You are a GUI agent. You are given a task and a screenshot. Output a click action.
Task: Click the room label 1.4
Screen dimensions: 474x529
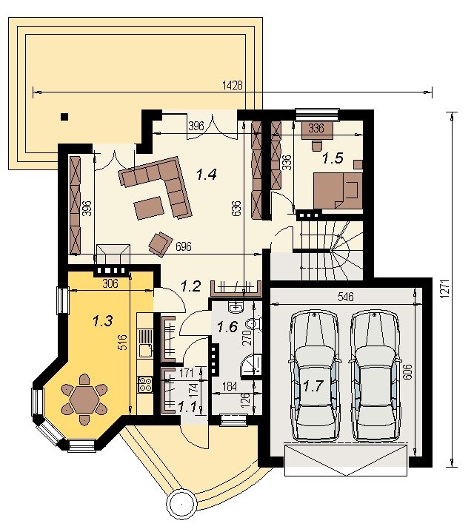click(x=207, y=175)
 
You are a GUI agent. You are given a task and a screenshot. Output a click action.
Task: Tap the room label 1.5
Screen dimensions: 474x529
click(x=333, y=158)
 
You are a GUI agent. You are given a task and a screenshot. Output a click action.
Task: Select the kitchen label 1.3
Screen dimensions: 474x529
click(x=103, y=321)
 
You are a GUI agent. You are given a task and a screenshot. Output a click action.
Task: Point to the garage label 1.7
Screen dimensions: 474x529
click(x=313, y=385)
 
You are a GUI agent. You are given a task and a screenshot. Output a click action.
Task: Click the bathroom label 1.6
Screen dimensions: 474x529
click(x=227, y=326)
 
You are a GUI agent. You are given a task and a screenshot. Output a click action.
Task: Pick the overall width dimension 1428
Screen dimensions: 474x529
click(x=233, y=85)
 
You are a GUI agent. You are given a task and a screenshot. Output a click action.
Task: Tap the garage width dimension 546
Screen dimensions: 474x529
click(x=346, y=297)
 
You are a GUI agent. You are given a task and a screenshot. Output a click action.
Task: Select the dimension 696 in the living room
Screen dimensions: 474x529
click(x=184, y=246)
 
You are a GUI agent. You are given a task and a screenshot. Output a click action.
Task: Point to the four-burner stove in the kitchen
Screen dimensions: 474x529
click(x=145, y=384)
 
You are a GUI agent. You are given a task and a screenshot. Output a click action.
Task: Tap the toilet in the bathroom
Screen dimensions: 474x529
click(x=253, y=324)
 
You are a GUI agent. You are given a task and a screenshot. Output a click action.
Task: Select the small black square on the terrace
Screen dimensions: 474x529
click(x=64, y=117)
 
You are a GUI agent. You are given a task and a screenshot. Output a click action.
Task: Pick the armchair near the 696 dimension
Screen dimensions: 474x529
click(x=161, y=243)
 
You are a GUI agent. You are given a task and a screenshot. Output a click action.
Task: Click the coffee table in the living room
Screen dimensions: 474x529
click(x=149, y=208)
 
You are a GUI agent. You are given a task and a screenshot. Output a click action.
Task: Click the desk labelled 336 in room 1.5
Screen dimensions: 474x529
click(x=316, y=130)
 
